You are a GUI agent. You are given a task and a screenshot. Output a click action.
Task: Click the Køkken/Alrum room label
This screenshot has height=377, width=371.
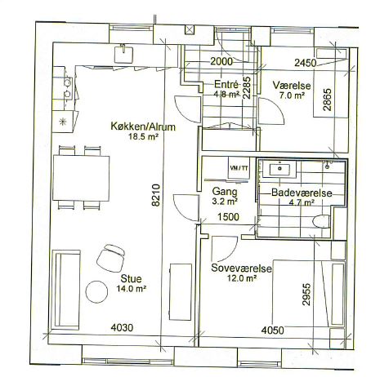click(x=143, y=127)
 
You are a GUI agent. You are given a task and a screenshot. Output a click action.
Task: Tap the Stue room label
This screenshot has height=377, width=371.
click(x=131, y=279)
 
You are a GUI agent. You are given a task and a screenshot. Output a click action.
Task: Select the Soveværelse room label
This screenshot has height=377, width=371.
click(x=241, y=268)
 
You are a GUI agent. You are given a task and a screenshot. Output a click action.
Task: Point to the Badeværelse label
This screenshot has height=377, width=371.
click(x=302, y=193)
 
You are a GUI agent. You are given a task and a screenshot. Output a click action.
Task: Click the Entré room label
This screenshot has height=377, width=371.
click(x=226, y=84)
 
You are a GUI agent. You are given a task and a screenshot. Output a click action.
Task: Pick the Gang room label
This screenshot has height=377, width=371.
click(x=225, y=192)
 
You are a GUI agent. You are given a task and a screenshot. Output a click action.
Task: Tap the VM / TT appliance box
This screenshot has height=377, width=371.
click(x=239, y=168)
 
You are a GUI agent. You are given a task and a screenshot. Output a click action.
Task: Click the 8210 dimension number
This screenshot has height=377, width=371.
click(x=156, y=195)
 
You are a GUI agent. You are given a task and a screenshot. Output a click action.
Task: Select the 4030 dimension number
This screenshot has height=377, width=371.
click(x=122, y=327)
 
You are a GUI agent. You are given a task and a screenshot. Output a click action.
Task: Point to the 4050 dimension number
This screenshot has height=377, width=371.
click(x=272, y=330)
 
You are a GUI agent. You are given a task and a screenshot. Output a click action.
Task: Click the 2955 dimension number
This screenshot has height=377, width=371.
click(x=306, y=295)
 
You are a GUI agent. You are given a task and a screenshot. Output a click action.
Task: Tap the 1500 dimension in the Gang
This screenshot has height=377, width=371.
click(x=228, y=217)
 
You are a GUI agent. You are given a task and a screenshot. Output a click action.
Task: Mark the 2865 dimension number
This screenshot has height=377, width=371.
click(x=327, y=100)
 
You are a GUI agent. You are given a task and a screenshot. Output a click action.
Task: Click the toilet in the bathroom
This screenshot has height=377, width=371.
click(x=321, y=221)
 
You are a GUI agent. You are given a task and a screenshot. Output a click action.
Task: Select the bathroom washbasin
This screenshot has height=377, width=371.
click(x=279, y=169)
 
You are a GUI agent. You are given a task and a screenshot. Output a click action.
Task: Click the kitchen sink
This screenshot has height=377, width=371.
click(x=123, y=54)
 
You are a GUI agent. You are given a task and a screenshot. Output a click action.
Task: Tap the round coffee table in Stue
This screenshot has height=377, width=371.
click(x=96, y=291)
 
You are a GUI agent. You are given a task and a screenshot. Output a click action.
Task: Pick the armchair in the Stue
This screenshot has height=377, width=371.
click(x=110, y=258)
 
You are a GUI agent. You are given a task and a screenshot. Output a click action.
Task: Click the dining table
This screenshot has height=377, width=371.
click(x=81, y=178)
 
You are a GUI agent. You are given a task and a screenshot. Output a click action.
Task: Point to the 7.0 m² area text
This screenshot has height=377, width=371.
click(x=292, y=95)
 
